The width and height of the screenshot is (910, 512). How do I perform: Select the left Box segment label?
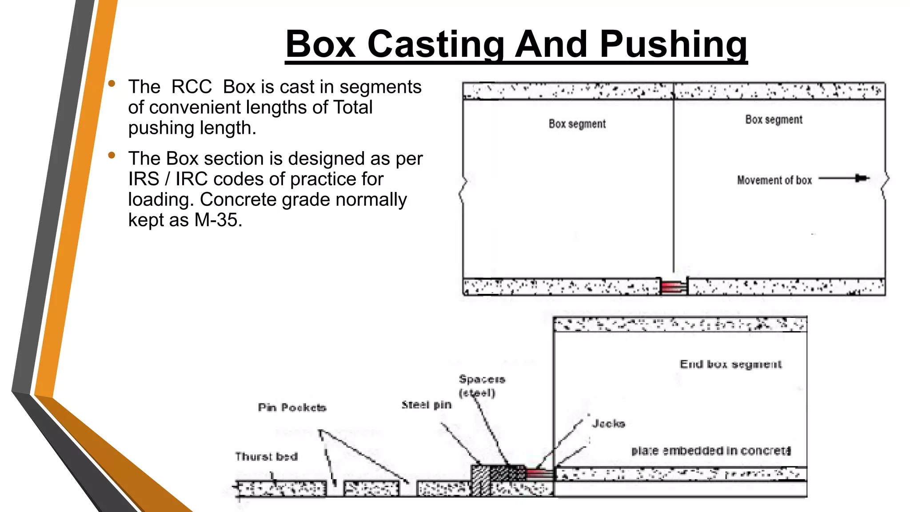tap(577, 124)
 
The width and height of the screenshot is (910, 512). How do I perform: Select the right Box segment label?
tap(774, 120)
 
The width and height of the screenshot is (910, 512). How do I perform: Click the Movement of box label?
tap(774, 180)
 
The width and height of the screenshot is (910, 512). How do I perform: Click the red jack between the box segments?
tap(673, 287)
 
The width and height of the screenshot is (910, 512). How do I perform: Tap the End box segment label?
tap(730, 364)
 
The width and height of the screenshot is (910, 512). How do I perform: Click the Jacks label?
tap(608, 424)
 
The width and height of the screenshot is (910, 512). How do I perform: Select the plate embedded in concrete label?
tap(710, 451)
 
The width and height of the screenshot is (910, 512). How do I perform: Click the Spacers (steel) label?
tap(482, 386)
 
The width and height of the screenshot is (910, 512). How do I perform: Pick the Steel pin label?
tap(426, 405)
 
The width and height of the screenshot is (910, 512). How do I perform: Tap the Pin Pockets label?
tap(292, 408)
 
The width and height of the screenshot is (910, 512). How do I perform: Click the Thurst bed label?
tap(266, 456)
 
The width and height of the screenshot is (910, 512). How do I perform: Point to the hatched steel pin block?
tap(480, 480)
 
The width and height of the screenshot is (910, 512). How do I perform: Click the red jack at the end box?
tap(539, 473)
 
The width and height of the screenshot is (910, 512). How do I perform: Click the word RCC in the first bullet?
tap(192, 87)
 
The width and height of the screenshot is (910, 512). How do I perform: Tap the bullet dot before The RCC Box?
tap(112, 84)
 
